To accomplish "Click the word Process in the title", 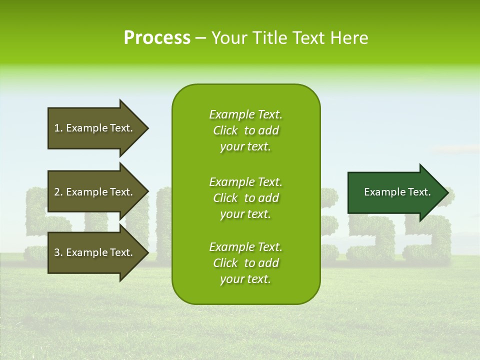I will [157, 38].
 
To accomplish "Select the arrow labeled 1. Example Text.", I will [95, 128].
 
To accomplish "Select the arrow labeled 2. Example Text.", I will [95, 192].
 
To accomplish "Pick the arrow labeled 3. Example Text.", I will [95, 252].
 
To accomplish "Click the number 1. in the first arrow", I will [58, 128].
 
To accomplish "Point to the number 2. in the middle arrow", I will [58, 192].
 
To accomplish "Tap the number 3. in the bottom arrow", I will [58, 252].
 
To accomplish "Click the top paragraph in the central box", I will [245, 130].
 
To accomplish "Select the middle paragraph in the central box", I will [245, 198].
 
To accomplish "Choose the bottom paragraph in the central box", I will [245, 263].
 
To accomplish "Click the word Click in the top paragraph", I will [225, 130].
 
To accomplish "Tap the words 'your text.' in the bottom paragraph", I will [245, 279].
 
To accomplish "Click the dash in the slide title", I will [200, 38].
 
